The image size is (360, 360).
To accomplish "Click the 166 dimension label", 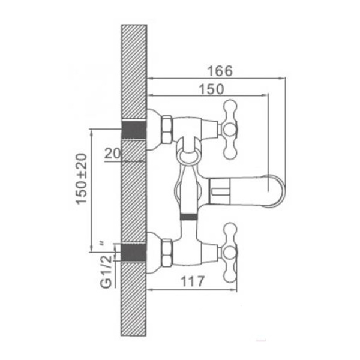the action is point(220,71).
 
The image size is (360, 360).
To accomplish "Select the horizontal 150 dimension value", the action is point(211,89).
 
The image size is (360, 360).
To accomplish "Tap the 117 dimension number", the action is point(193,281).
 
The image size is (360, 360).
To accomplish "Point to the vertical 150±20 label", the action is point(82,179).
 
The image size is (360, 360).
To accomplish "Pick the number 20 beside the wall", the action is point(112,154).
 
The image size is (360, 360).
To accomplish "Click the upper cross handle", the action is point(230,130).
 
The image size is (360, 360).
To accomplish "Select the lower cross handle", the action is point(230,253).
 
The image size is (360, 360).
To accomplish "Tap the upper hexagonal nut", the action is point(167,130).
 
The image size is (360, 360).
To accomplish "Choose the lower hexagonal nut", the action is point(167,253).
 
